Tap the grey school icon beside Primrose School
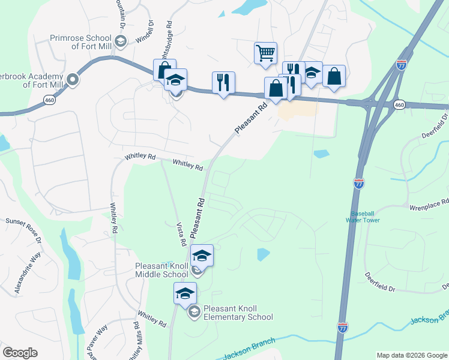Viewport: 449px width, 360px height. pyautogui.click(x=121, y=41)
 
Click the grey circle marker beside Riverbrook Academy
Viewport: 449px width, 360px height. pyautogui.click(x=73, y=79)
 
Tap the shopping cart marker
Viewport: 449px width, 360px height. pyautogui.click(x=265, y=53)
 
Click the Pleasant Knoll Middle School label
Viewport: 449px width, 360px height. pyautogui.click(x=161, y=269)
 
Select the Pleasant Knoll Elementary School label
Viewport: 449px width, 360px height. pyautogui.click(x=238, y=313)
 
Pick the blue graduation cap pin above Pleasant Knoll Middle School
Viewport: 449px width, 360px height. pyautogui.click(x=202, y=256)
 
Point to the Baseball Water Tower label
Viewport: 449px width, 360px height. pyautogui.click(x=363, y=217)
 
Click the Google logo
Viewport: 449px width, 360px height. pyautogui.click(x=20, y=353)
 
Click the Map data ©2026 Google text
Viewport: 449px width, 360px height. pyautogui.click(x=411, y=355)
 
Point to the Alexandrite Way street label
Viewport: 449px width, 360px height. pyautogui.click(x=28, y=272)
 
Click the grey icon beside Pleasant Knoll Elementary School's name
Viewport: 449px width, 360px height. pyautogui.click(x=194, y=312)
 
